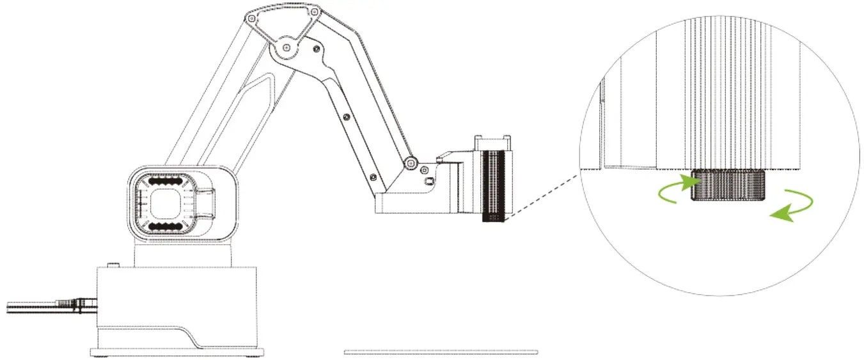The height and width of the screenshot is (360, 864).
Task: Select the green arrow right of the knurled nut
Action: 793,207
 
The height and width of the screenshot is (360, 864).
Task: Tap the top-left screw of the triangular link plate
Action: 253,19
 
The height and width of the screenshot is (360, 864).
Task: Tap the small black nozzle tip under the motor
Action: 493,218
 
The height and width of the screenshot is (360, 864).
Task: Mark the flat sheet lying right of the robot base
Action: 441,352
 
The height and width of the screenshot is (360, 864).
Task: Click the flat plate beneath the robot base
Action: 178,352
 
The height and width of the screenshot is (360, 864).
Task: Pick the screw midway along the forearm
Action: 346,117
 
